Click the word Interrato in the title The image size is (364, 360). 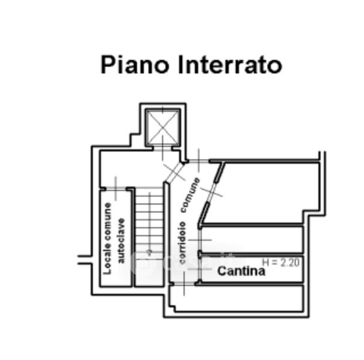click(230, 64)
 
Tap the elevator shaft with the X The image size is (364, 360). click(162, 128)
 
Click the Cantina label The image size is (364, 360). click(241, 271)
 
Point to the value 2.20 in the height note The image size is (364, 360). click(290, 262)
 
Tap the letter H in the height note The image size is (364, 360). click(267, 262)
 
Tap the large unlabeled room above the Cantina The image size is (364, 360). click(264, 192)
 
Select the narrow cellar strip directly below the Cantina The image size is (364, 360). click(249, 298)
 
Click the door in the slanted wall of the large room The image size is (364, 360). click(212, 191)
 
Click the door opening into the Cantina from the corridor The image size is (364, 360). click(199, 268)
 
